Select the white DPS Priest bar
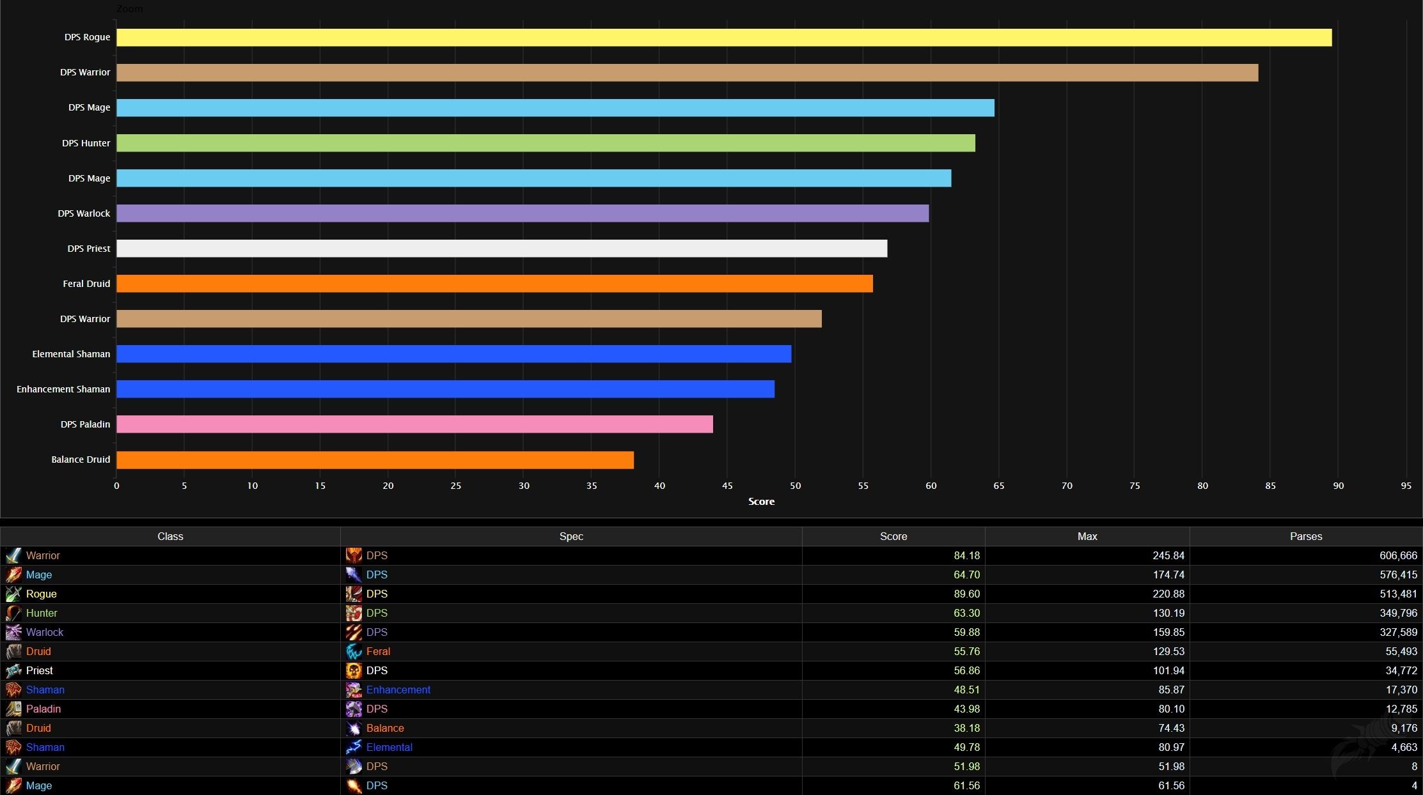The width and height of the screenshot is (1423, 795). pos(501,249)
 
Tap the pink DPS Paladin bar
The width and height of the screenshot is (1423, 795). pos(414,424)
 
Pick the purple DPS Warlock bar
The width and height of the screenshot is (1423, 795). pos(523,213)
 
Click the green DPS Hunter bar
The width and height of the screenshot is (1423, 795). pos(546,143)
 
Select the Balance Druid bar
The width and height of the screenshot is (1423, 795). pos(375,460)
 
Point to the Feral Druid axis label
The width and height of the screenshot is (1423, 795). pos(86,284)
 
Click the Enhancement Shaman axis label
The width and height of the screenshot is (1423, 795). pos(63,389)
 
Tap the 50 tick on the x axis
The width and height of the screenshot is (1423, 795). pos(795,486)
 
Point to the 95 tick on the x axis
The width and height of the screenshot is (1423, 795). pos(1406,486)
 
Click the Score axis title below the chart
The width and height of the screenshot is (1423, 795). pos(761,502)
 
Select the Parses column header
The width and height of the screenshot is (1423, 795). pos(1305,536)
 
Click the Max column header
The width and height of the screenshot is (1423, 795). pos(1087,536)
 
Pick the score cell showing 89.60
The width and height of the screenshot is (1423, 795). pos(966,594)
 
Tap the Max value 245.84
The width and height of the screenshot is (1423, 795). pos(1168,555)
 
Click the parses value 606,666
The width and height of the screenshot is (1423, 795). pos(1398,555)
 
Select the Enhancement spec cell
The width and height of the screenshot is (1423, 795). pos(398,690)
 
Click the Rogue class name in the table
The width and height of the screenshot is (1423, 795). pos(42,594)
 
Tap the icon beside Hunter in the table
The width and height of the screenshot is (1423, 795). pos(13,613)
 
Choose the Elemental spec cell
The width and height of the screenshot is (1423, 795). pos(389,747)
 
